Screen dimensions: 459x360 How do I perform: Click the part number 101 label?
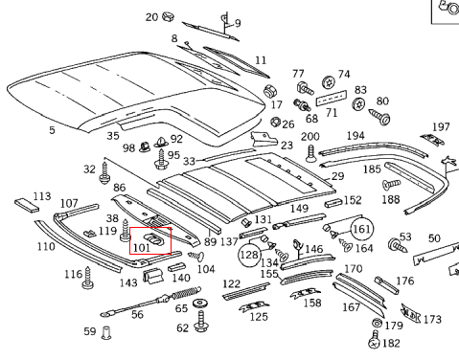pos(142,248)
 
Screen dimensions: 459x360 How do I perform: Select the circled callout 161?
pos(361,229)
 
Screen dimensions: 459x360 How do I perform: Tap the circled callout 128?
pos(249,255)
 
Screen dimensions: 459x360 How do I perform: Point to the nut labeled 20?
pos(168,16)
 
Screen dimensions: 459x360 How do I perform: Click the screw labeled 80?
pos(380,116)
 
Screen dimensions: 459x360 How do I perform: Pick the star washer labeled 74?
pos(329,82)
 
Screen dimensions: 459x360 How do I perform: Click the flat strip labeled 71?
pos(332,98)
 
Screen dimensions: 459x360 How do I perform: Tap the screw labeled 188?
pos(391,185)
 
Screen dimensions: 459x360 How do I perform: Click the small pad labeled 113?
pos(27,205)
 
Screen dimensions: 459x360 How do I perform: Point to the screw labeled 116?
pos(88,278)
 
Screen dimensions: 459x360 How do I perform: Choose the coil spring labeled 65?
pos(187,292)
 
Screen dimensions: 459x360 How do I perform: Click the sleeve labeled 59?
pos(106,332)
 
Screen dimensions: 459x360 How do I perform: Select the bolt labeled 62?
pos(201,322)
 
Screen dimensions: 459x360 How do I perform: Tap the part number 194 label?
pos(356,136)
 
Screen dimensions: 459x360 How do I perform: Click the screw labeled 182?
pos(375,340)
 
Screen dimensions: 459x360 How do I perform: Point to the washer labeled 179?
pos(378,323)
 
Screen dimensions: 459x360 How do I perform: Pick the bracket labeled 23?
pos(264,139)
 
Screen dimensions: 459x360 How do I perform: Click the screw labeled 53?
pos(398,245)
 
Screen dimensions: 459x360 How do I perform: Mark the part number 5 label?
pos(52,130)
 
